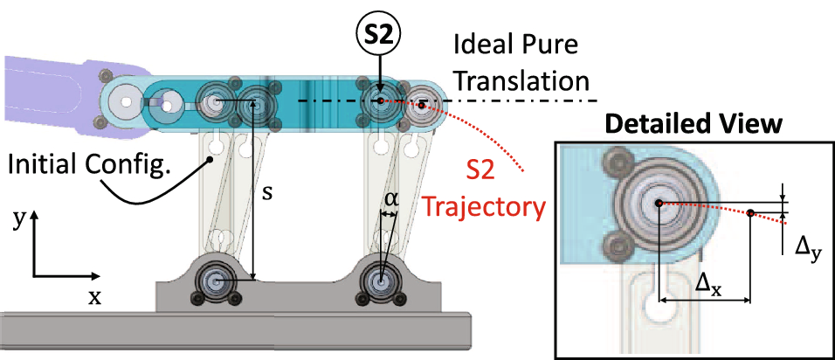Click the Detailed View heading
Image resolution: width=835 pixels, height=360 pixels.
click(x=695, y=124)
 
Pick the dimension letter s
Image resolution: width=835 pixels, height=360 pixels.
click(x=267, y=193)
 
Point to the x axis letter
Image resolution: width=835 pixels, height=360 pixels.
click(x=93, y=296)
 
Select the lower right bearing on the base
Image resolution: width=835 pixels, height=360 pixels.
click(x=380, y=281)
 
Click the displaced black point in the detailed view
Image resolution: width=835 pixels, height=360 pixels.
click(x=750, y=211)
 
